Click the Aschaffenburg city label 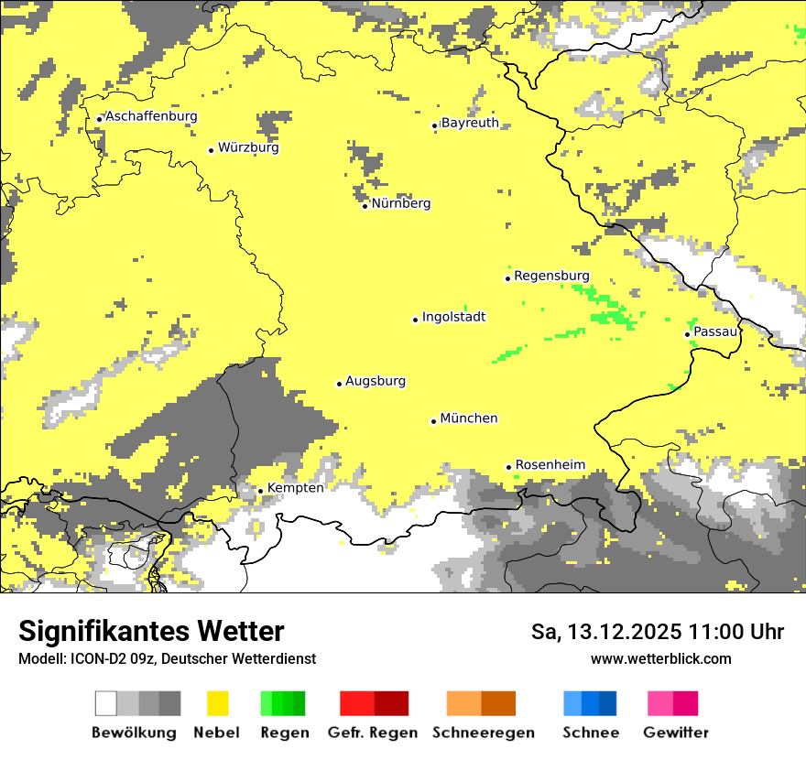pos(151,116)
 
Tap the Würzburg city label pos(248,147)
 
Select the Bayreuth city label pos(470,123)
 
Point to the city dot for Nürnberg pos(365,206)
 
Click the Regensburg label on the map pos(551,276)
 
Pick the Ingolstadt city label pos(453,317)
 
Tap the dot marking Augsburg pos(339,384)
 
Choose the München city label pos(469,418)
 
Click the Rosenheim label pos(550,465)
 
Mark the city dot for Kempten pos(260,491)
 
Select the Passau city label pos(715,331)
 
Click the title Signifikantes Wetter pos(151,632)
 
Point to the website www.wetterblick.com pos(660,659)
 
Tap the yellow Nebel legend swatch pos(218,703)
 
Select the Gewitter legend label pos(675,733)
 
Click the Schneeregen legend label pos(483,733)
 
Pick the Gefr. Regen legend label pos(374,733)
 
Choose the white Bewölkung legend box pos(106,703)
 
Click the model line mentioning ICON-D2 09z pos(167,659)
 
